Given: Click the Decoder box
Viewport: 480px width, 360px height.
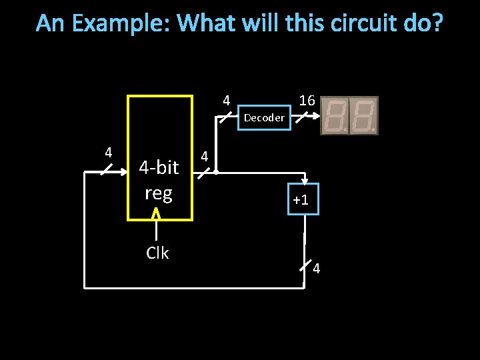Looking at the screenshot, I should click(x=264, y=118).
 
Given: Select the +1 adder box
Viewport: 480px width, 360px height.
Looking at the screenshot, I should click(x=299, y=199).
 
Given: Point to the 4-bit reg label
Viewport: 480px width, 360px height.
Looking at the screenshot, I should click(x=159, y=180).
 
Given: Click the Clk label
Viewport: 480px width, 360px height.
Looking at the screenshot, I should click(x=157, y=253).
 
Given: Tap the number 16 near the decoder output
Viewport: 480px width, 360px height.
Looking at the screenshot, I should click(x=307, y=101).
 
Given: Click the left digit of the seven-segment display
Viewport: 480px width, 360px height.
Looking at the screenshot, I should click(x=335, y=115).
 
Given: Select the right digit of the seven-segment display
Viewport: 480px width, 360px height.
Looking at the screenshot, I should click(x=363, y=115).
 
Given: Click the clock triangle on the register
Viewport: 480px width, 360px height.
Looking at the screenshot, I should click(x=156, y=214).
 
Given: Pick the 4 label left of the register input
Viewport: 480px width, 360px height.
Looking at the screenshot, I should click(x=108, y=152).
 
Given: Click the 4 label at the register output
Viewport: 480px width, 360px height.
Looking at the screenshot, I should click(x=205, y=157).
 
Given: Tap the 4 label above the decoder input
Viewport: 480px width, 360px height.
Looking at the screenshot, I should click(x=227, y=101).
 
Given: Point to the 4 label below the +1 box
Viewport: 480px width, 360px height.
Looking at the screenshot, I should click(x=317, y=269).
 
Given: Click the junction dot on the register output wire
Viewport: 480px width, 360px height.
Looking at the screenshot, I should click(x=216, y=172).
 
